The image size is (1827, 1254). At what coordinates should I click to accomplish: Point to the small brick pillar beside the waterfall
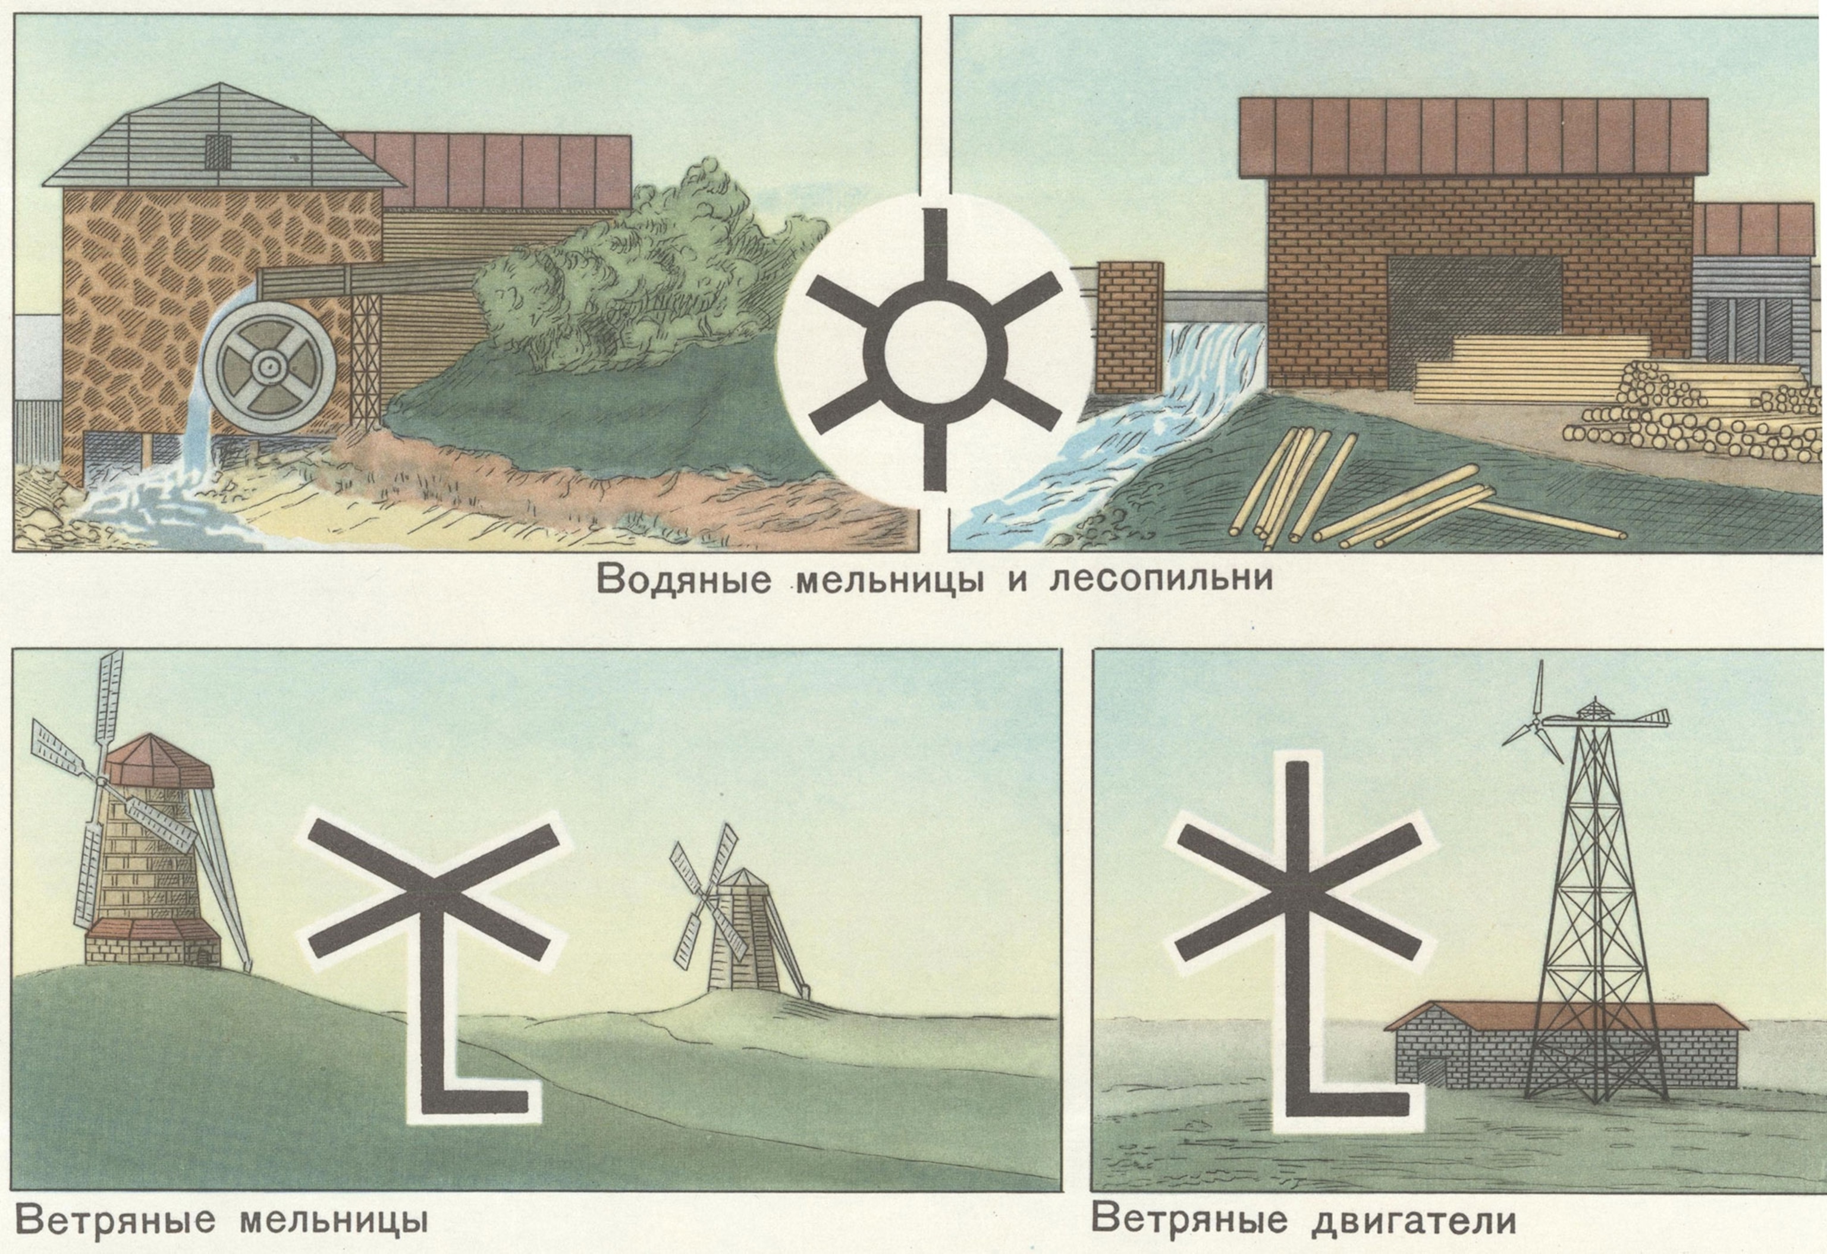coord(1130,326)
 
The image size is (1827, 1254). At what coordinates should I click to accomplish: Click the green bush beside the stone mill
coord(629,275)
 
